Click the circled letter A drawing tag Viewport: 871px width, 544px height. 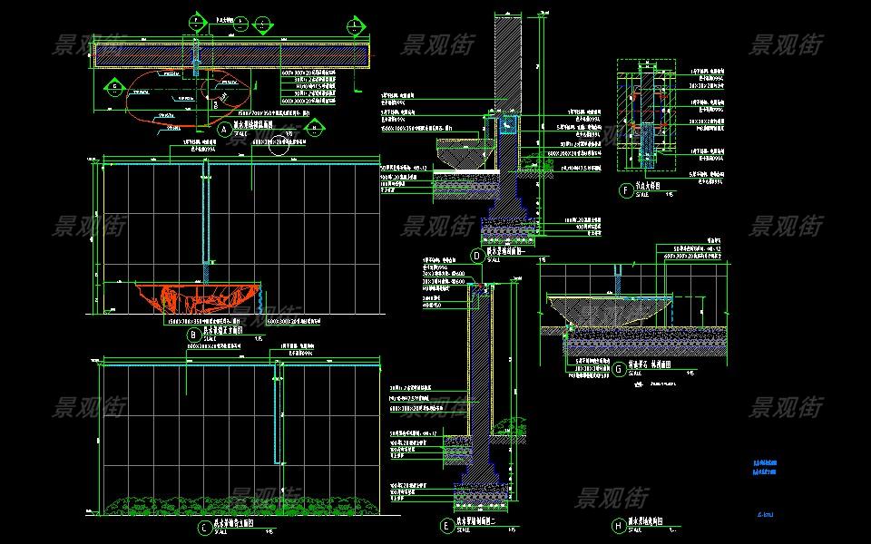224,130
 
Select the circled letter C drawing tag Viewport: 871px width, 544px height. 205,526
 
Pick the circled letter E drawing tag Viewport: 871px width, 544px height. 445,525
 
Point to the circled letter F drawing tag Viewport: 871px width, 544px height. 625,190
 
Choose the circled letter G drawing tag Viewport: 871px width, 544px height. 618,369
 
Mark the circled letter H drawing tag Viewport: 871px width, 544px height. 618,524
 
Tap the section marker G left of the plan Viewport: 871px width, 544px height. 115,87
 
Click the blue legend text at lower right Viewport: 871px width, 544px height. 765,466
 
